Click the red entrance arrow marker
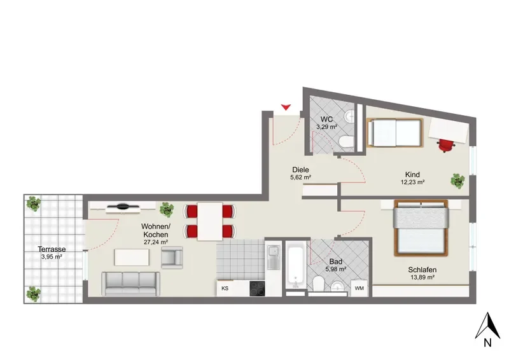(286, 107)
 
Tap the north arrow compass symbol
(487, 326)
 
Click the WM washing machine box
(359, 288)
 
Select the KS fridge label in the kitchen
(225, 288)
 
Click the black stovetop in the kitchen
(257, 289)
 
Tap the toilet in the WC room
(346, 142)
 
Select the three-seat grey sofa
(131, 284)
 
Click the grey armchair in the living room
(172, 258)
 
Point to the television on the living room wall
(123, 207)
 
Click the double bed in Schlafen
(421, 228)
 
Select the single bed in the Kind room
(394, 133)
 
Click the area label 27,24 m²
(156, 242)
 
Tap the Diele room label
(300, 169)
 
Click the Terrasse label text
(52, 249)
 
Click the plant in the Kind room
(457, 181)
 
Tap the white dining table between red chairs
(210, 221)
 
